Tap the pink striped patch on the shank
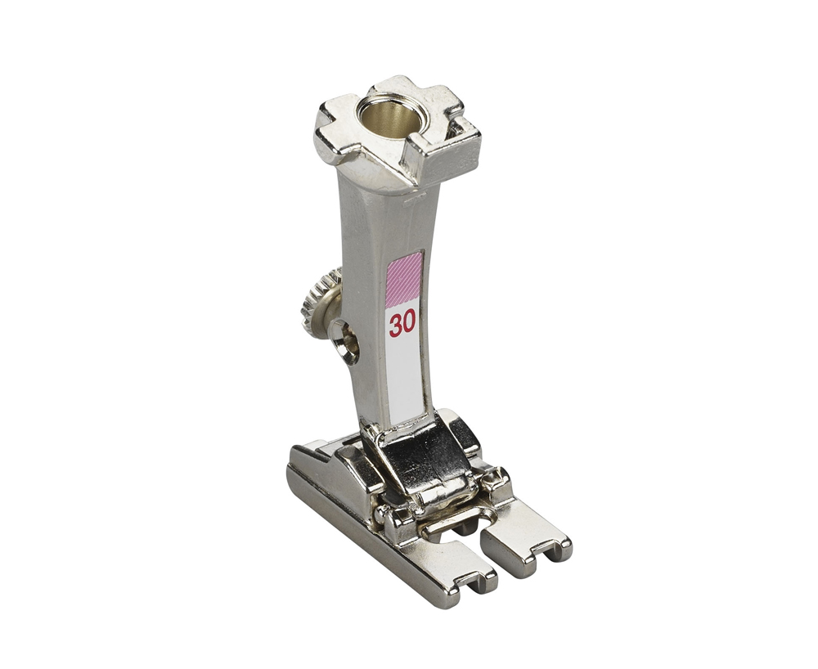403,280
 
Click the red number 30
402,324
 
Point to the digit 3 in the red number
395,325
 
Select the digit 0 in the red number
409,323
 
